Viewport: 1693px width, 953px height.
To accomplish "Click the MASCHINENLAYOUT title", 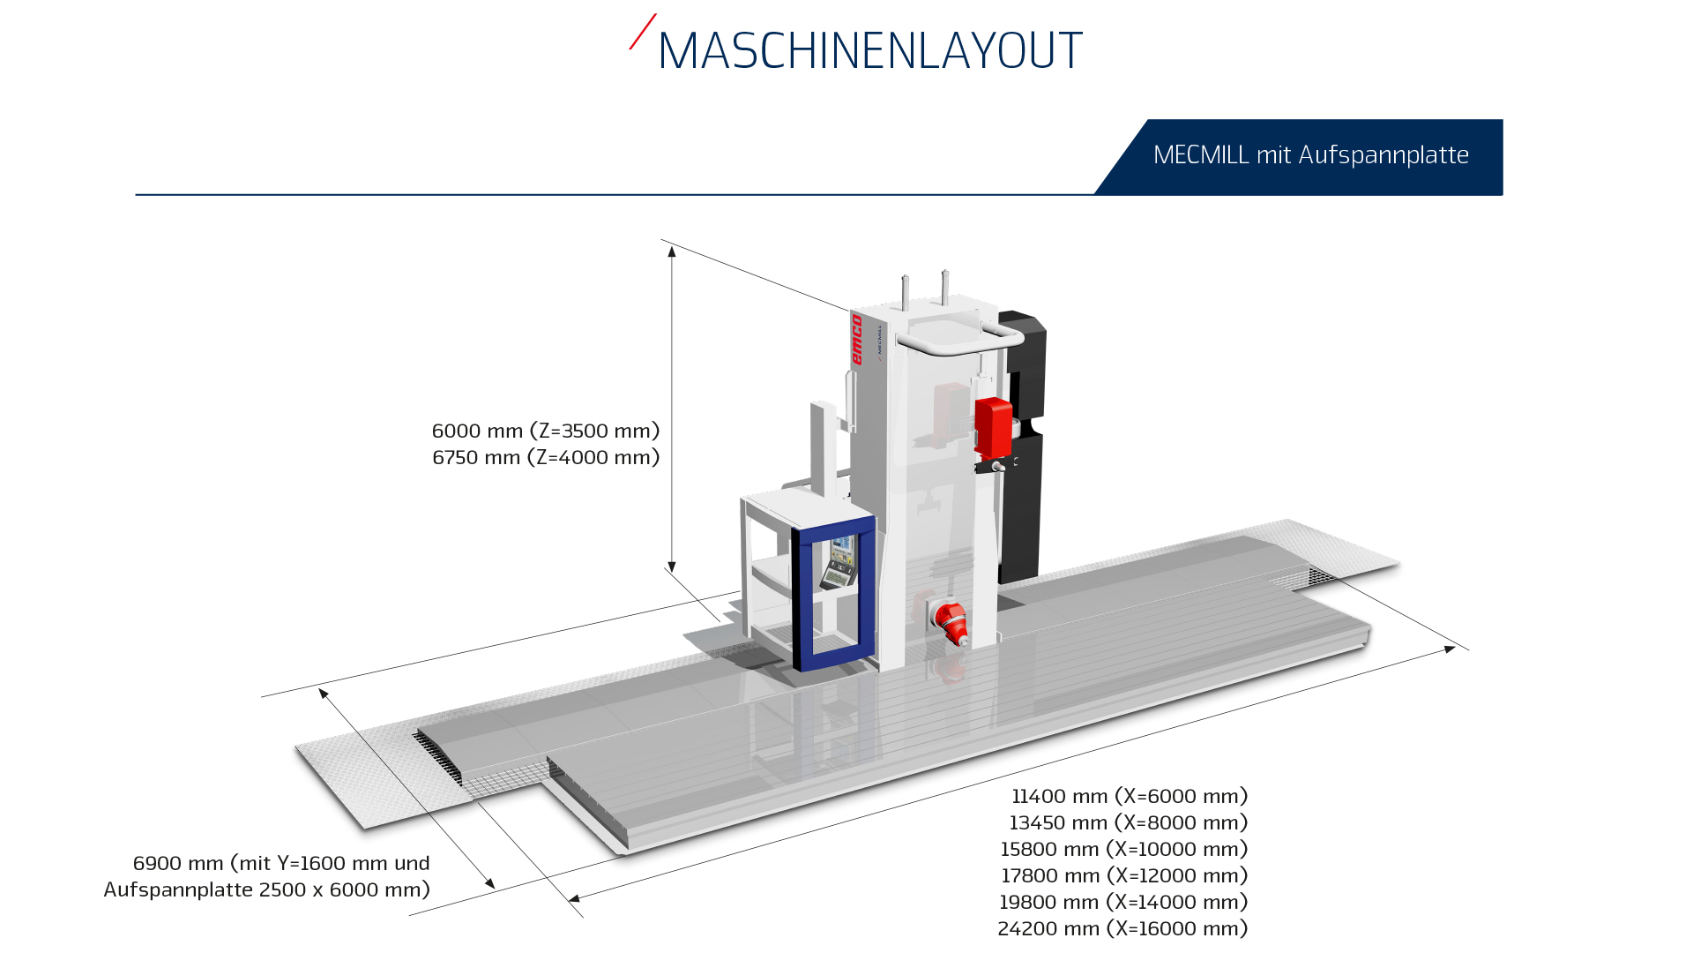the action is pyautogui.click(x=869, y=50).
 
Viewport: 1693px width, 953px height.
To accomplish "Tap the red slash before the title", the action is pyautogui.click(x=643, y=31).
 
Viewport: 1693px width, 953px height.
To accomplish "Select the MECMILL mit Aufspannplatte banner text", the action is pyautogui.click(x=1310, y=155).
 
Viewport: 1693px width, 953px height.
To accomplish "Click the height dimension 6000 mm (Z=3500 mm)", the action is pyautogui.click(x=546, y=431).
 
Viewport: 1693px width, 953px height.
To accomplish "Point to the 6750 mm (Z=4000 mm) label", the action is pyautogui.click(x=546, y=457).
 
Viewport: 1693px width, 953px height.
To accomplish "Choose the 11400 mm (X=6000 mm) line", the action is pyautogui.click(x=1130, y=796).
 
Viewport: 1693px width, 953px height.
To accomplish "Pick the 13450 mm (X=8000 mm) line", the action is pyautogui.click(x=1129, y=822).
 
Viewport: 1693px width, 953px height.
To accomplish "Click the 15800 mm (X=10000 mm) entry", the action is pyautogui.click(x=1124, y=849).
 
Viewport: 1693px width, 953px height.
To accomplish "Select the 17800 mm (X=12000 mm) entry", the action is pyautogui.click(x=1124, y=875).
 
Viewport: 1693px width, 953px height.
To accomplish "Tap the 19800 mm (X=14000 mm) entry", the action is pyautogui.click(x=1123, y=902).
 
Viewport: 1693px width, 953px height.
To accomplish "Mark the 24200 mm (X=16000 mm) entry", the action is pyautogui.click(x=1122, y=928).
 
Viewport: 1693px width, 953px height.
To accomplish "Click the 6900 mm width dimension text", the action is pyautogui.click(x=267, y=876).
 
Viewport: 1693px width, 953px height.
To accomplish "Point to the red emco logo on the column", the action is pyautogui.click(x=856, y=340).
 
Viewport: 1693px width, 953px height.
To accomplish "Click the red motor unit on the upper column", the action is pyautogui.click(x=993, y=428).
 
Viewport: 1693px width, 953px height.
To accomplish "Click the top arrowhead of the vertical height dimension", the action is pyautogui.click(x=672, y=251).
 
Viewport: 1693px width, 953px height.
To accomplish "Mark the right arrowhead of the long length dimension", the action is pyautogui.click(x=1450, y=649).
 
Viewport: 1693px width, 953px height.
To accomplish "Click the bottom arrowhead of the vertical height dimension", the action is pyautogui.click(x=672, y=567).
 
